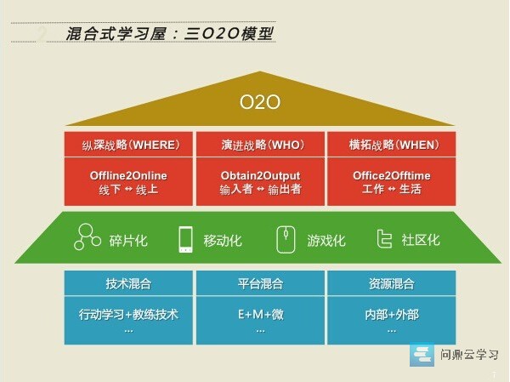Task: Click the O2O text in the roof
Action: [260, 101]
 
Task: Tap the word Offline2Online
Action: [128, 176]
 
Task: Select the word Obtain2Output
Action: [260, 176]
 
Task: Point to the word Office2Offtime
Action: [392, 176]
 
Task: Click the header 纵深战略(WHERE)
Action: [131, 145]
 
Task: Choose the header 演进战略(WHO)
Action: [263, 145]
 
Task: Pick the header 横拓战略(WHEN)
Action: [394, 145]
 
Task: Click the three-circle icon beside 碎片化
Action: [88, 237]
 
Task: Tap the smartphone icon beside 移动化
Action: [185, 239]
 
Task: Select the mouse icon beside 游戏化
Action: [286, 240]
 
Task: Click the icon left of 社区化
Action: [384, 239]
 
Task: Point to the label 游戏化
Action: [326, 241]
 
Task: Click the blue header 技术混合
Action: [128, 283]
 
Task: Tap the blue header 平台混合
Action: [260, 283]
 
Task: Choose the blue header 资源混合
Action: [392, 283]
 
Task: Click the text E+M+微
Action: [261, 314]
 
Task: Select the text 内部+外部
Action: [392, 315]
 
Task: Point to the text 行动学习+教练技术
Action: [128, 315]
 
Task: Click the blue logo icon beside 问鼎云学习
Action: [422, 354]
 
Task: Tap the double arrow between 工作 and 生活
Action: [392, 189]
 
